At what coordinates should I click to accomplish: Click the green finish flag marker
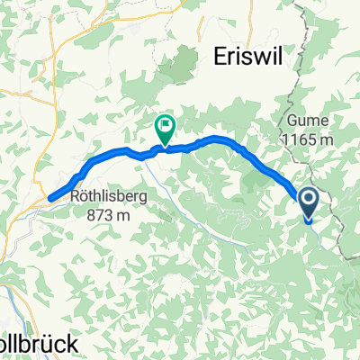(165, 129)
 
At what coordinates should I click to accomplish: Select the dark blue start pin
(307, 203)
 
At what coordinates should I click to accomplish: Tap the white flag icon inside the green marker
(165, 126)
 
